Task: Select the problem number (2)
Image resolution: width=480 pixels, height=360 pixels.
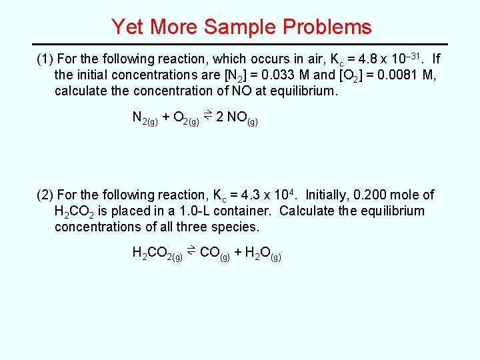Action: [x=45, y=195]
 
